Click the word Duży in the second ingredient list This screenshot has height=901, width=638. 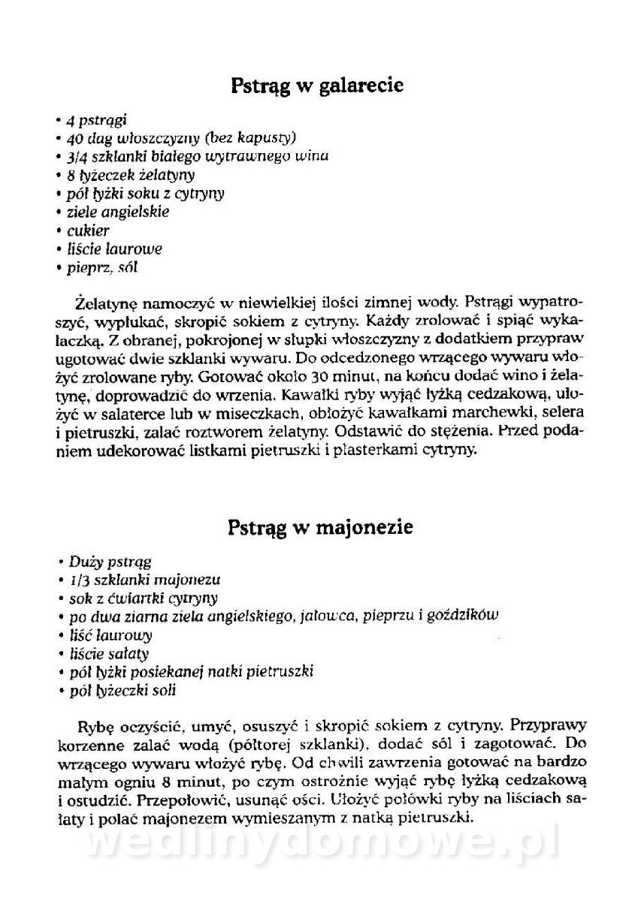[83, 561]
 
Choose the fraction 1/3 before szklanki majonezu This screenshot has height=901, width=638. [77, 580]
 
